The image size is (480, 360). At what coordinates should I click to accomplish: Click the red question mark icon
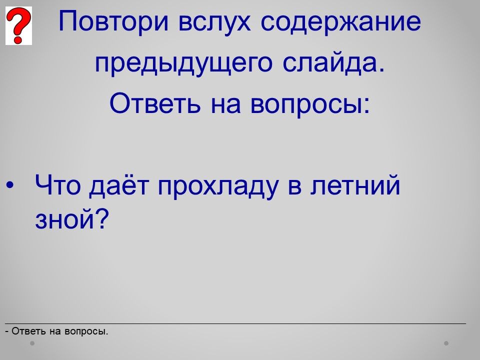(x=18, y=25)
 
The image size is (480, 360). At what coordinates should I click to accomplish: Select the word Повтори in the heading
(x=113, y=21)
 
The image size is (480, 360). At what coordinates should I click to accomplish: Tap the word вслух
(x=214, y=22)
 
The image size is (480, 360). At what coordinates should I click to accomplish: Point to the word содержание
(x=341, y=22)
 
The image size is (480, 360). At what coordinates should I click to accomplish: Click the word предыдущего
(x=183, y=63)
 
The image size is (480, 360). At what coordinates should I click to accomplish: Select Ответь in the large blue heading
(x=155, y=103)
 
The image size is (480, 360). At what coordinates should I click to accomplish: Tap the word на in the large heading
(x=226, y=105)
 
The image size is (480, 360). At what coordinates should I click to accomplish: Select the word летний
(x=355, y=184)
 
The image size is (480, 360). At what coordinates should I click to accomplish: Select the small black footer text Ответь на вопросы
(x=57, y=331)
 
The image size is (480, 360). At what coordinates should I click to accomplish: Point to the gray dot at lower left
(x=32, y=343)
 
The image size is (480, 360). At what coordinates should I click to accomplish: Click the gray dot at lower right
(x=446, y=343)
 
